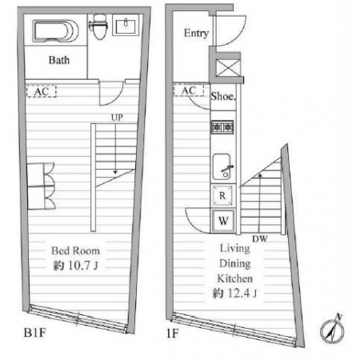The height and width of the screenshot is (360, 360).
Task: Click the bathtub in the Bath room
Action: tap(56, 31)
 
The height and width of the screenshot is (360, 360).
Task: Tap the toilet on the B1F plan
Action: tap(98, 26)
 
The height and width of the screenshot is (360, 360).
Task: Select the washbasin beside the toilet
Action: tap(126, 25)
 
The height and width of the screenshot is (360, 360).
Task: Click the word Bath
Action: tap(59, 60)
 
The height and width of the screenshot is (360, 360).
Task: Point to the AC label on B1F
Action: tap(42, 91)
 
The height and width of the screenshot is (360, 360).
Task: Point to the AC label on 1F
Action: tap(189, 90)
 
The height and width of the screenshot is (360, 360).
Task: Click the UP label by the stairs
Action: tap(117, 118)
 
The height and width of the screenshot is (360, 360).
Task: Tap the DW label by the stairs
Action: tap(260, 239)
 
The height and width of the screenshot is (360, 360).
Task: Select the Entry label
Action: tap(196, 33)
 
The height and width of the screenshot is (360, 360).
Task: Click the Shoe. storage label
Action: tap(223, 96)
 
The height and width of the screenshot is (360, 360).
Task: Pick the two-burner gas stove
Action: tap(222, 127)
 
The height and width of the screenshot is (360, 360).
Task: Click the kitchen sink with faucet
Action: tap(222, 166)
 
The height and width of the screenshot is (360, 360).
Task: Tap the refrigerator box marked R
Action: tap(222, 195)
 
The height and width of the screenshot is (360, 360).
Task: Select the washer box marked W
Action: tap(223, 221)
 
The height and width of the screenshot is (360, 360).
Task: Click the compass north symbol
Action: tap(332, 330)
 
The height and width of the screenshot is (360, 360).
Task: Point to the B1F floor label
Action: tap(34, 333)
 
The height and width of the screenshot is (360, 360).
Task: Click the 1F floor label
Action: tap(172, 334)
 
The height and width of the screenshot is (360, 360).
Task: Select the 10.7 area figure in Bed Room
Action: tap(78, 266)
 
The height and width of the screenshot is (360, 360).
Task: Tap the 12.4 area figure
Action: tap(238, 294)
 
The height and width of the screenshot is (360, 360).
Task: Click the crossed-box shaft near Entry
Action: tap(228, 68)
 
